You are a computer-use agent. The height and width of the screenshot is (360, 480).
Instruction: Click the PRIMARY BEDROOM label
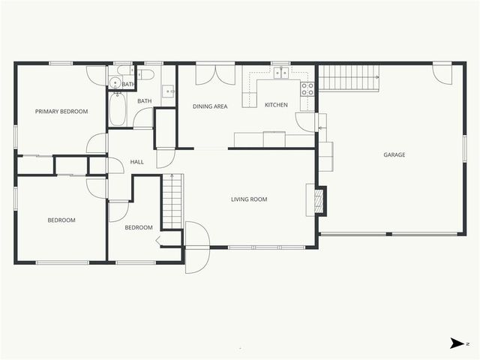pyautogui.click(x=61, y=112)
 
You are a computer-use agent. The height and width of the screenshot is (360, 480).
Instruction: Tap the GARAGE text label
pyautogui.click(x=394, y=155)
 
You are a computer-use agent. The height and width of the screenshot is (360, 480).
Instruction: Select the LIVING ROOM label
pyautogui.click(x=249, y=199)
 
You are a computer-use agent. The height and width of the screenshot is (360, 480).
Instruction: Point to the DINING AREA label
pyautogui.click(x=210, y=106)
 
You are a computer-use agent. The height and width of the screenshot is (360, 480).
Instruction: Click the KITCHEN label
pyautogui.click(x=276, y=105)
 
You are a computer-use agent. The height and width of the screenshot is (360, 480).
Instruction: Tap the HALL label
pyautogui.click(x=137, y=162)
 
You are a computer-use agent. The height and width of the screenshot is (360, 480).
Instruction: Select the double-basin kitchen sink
pyautogui.click(x=281, y=73)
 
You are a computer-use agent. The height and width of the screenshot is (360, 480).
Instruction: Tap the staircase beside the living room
pyautogui.click(x=172, y=201)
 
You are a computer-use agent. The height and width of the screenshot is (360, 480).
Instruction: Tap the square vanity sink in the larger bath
pyautogui.click(x=169, y=92)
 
